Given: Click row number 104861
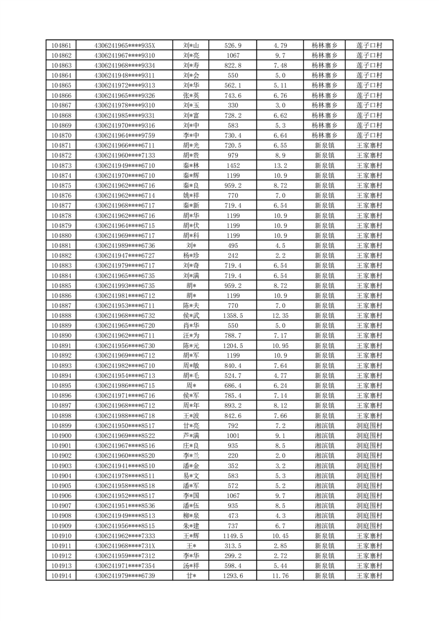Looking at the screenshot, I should (x=61, y=45).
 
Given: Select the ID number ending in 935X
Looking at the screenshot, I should (x=125, y=45).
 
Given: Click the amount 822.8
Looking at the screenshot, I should (x=233, y=65).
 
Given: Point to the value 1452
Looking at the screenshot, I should (x=233, y=165).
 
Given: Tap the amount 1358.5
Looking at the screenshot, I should (x=233, y=315).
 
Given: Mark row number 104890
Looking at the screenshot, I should (x=61, y=335).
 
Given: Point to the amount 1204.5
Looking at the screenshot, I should (x=233, y=345).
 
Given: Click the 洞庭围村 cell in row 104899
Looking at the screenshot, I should (x=369, y=426).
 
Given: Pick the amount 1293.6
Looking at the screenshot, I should (x=233, y=576).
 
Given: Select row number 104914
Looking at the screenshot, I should (x=61, y=576).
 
